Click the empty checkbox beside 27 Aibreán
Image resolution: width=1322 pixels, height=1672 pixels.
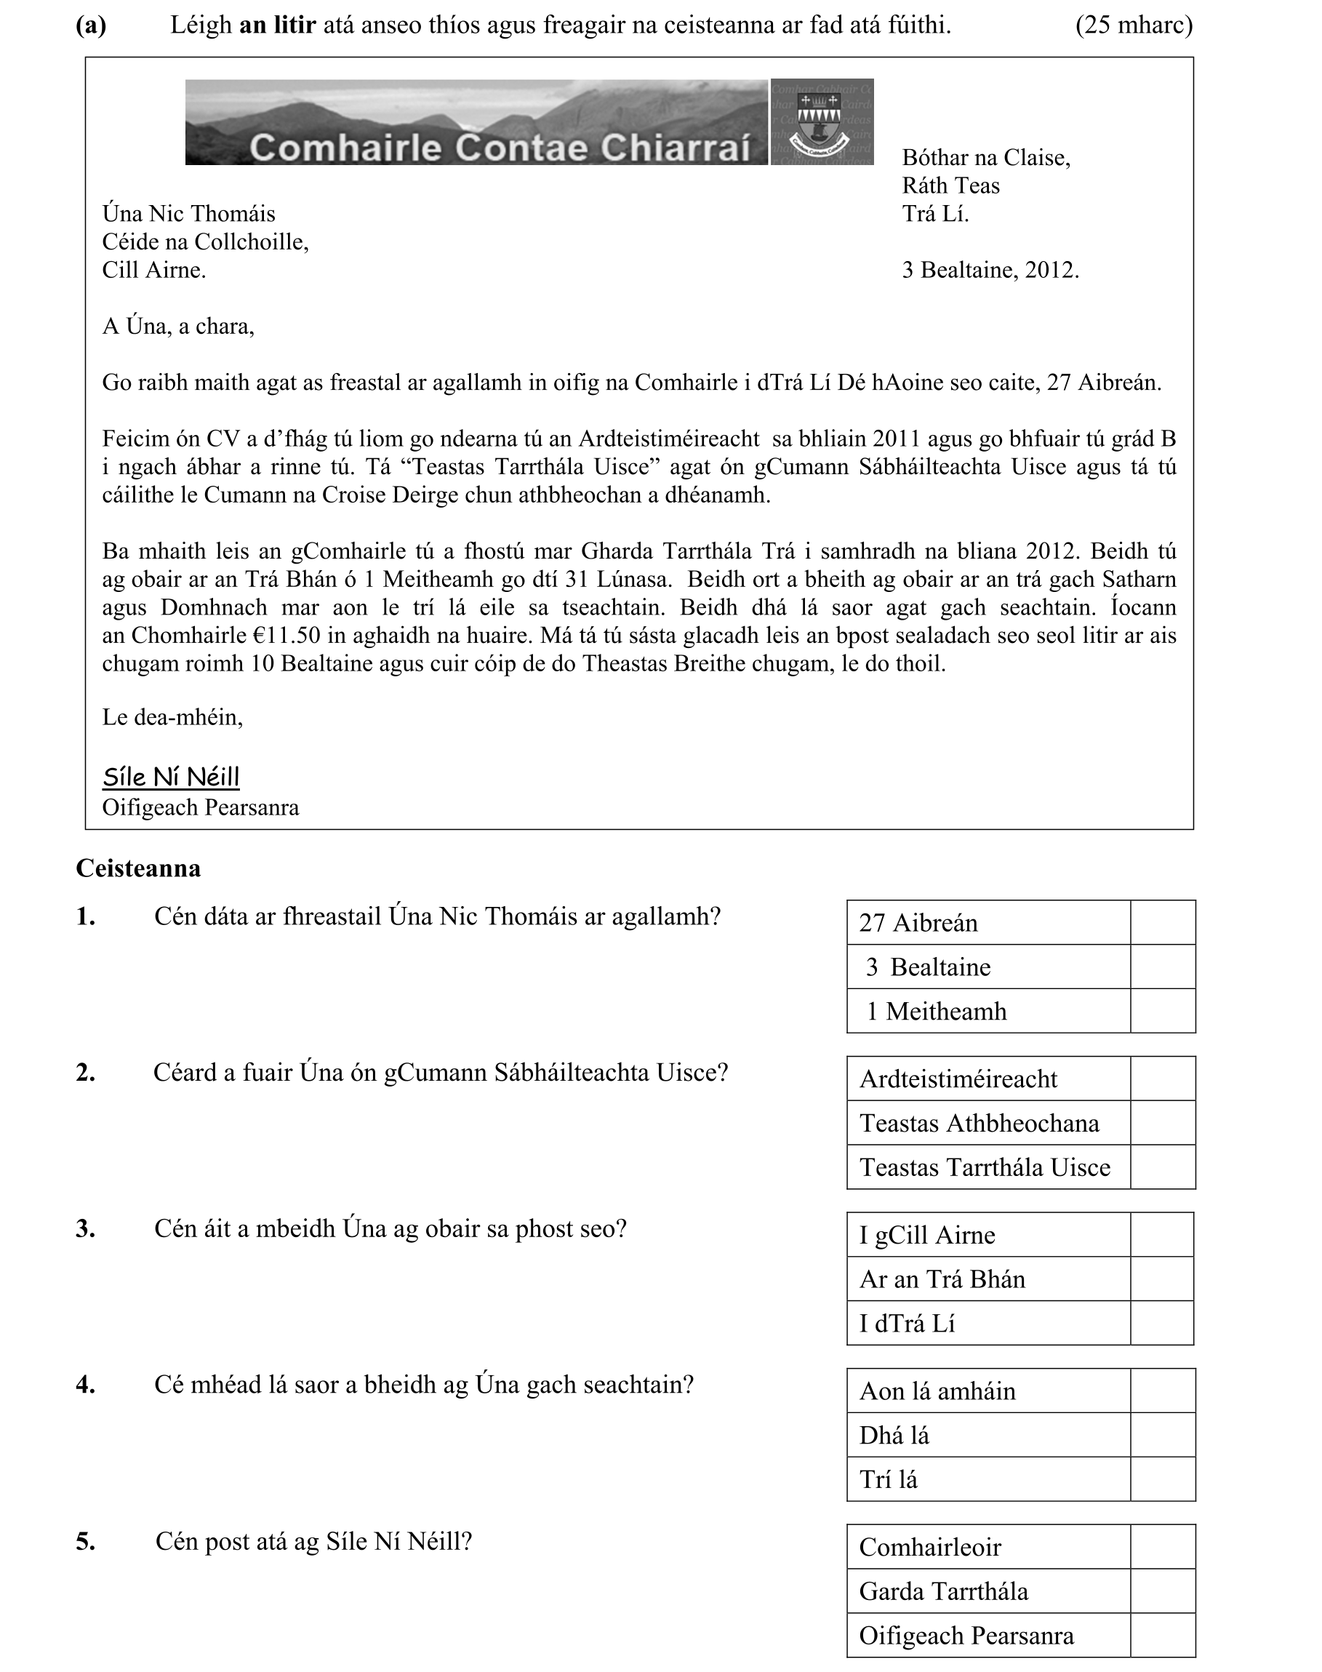point(1163,922)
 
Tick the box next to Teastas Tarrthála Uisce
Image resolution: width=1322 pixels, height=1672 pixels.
point(1163,1167)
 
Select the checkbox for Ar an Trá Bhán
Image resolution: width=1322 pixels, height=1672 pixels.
point(1161,1279)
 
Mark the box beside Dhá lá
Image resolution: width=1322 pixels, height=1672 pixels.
point(1163,1435)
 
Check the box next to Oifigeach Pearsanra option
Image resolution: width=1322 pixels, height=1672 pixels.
point(1163,1636)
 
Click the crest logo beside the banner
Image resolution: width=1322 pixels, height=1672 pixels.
point(822,121)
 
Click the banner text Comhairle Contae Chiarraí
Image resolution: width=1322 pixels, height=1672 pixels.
point(500,147)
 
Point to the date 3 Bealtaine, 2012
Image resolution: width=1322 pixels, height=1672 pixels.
point(990,270)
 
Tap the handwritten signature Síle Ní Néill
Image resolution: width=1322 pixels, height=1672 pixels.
point(171,777)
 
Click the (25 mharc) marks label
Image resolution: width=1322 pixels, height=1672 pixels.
point(1133,25)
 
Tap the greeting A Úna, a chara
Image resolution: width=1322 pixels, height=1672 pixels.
point(178,327)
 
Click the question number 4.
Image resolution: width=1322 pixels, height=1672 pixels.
point(86,1385)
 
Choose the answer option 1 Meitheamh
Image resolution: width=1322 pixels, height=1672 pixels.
point(937,1011)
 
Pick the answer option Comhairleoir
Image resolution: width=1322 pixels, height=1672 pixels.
point(929,1548)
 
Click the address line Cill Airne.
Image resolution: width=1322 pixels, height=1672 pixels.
point(154,270)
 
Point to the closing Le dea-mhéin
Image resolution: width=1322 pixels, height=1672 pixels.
point(172,718)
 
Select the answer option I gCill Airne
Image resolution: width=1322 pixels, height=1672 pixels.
point(927,1235)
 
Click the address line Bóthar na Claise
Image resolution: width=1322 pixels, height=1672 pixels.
point(985,158)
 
